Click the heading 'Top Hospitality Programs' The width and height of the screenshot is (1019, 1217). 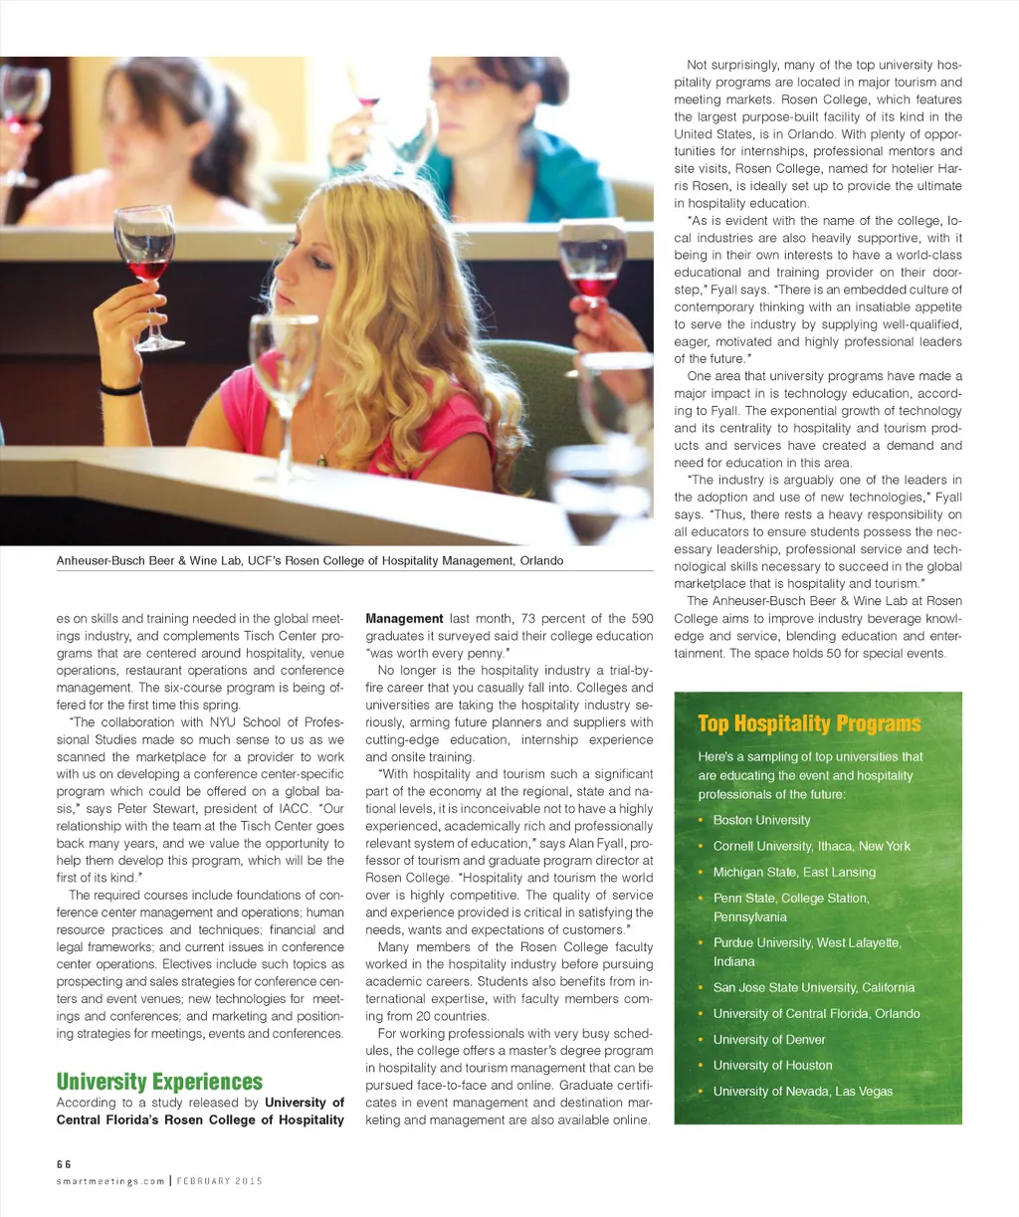(x=809, y=723)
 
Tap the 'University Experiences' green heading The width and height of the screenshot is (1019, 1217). (x=159, y=1082)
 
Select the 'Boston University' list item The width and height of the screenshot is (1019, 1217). (x=761, y=820)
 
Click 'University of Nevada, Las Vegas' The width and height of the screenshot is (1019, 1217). (x=802, y=1091)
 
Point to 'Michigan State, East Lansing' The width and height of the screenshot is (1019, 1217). (x=794, y=872)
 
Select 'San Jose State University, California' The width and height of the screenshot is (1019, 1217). (x=813, y=987)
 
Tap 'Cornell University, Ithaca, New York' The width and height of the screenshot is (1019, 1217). (x=811, y=846)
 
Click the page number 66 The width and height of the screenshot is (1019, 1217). (x=64, y=1163)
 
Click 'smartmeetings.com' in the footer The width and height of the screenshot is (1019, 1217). (x=110, y=1181)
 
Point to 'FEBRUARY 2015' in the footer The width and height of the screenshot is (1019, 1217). (x=220, y=1181)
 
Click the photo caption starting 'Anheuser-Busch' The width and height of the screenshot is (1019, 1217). (x=309, y=560)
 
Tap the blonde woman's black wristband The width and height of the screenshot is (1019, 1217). (x=120, y=389)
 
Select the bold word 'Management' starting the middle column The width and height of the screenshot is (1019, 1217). (x=404, y=618)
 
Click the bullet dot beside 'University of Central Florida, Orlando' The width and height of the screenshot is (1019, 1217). (x=701, y=1013)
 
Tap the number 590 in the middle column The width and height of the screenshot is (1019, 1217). (x=642, y=618)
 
